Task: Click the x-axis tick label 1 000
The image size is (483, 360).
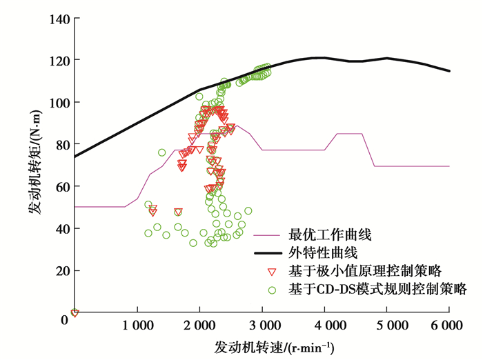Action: (x=137, y=325)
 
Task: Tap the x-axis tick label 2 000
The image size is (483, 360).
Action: (x=199, y=325)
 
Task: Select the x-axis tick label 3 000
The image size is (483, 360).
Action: (x=262, y=325)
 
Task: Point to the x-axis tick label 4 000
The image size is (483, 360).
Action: (x=324, y=325)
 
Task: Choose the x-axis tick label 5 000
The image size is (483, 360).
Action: (x=387, y=325)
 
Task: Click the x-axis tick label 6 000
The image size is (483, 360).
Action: (x=449, y=325)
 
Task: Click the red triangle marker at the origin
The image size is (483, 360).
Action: (x=75, y=313)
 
